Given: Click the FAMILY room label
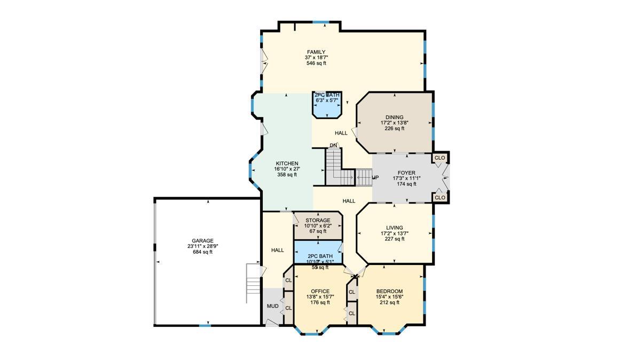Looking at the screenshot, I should click(x=316, y=52).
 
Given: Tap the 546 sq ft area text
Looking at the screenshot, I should click(x=316, y=63).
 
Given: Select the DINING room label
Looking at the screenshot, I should click(x=394, y=118).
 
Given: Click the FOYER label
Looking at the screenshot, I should click(x=406, y=173).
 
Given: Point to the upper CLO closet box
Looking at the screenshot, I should click(x=440, y=158).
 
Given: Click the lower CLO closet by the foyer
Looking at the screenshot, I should click(x=440, y=198).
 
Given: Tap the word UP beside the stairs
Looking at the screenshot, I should click(x=375, y=178).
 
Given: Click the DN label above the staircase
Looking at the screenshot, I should click(x=333, y=145).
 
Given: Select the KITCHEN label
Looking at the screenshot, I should click(x=287, y=163).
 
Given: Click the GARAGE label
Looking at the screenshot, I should click(x=202, y=241).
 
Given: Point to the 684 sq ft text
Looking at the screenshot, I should click(x=202, y=252).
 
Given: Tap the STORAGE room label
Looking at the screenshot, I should click(x=318, y=220).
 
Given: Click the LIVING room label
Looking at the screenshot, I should click(x=394, y=228).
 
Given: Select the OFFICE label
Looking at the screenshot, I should click(x=320, y=291).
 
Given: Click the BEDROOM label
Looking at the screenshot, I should click(x=389, y=291).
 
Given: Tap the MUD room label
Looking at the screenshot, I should click(x=272, y=306).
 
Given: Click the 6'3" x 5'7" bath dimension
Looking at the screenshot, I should click(x=327, y=100).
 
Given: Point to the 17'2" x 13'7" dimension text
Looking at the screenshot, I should click(x=394, y=233).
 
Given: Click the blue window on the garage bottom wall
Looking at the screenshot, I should click(x=205, y=325).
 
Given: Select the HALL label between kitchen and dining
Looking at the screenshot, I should click(x=341, y=133).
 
